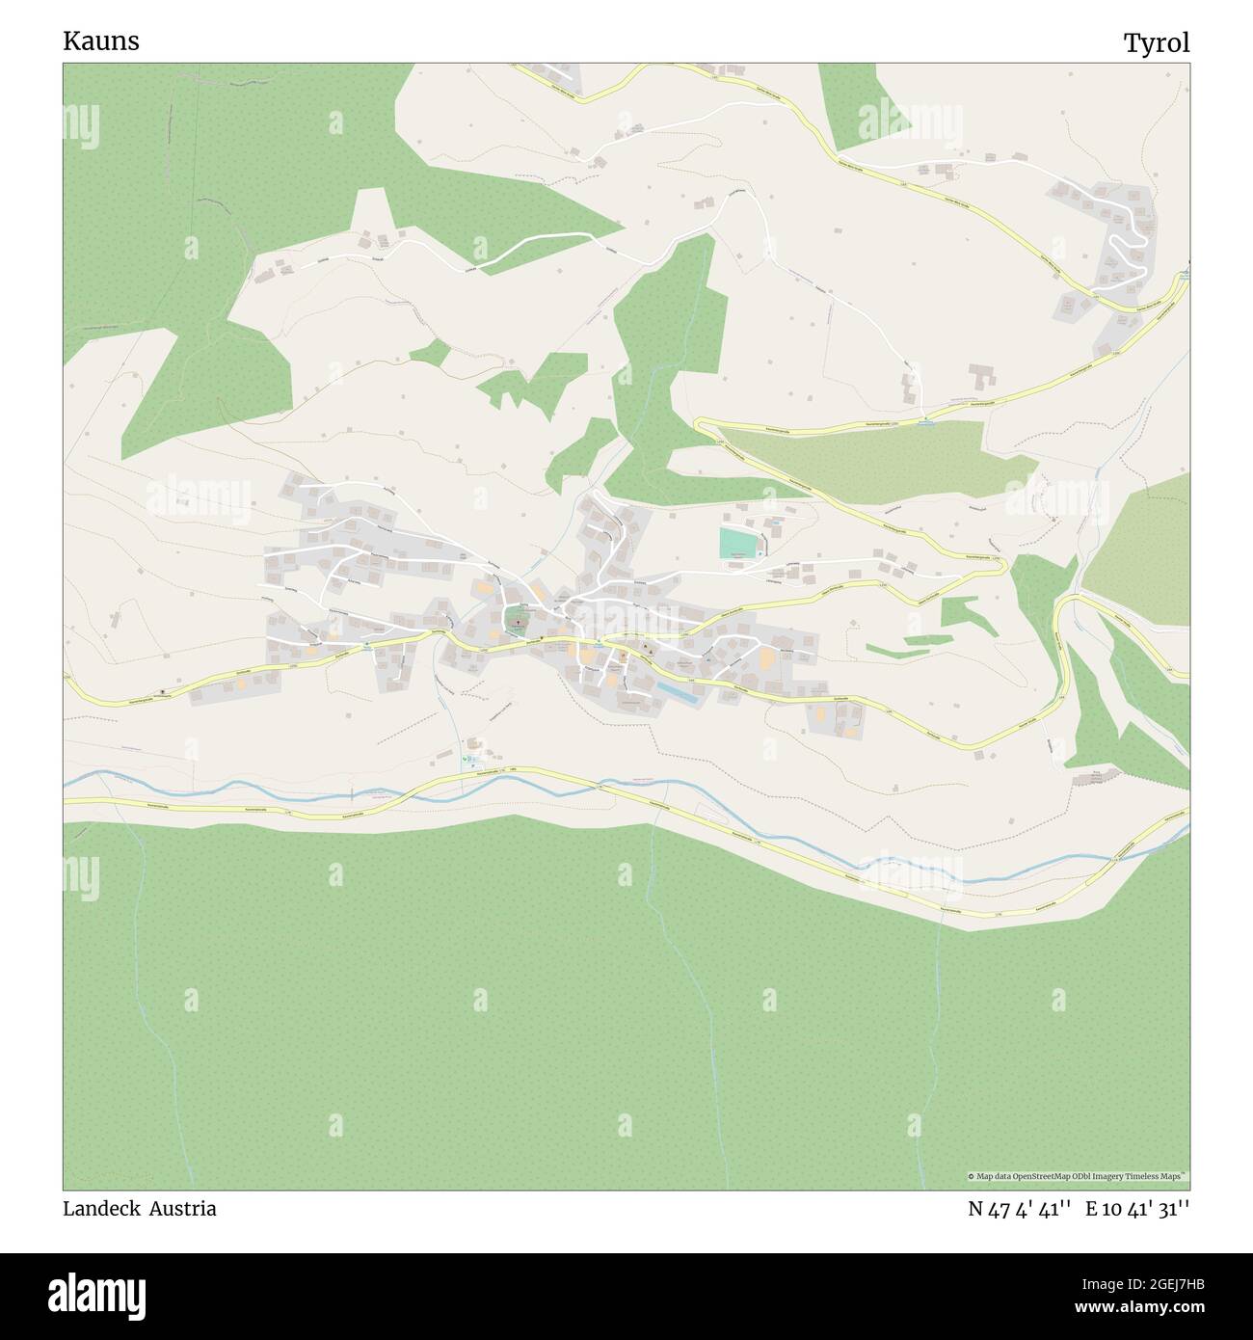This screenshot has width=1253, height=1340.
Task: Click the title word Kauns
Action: [x=100, y=41]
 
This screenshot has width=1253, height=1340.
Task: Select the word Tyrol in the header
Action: [x=1156, y=42]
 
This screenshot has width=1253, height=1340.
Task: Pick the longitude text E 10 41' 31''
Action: [x=1137, y=1209]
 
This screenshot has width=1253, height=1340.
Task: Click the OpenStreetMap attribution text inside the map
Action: [x=1078, y=1176]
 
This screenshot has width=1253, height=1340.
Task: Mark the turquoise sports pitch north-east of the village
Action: [x=738, y=542]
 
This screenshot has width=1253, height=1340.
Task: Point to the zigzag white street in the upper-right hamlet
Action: [x=1120, y=253]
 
